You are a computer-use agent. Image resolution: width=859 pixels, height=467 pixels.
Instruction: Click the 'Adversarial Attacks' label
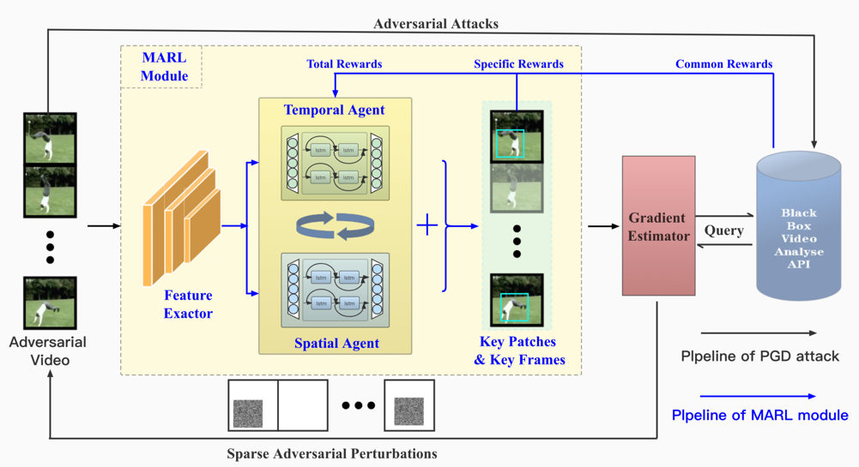(436, 24)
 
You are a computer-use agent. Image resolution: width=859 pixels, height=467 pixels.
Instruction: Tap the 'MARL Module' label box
(164, 67)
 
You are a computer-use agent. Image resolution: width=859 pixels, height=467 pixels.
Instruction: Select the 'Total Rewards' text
(344, 64)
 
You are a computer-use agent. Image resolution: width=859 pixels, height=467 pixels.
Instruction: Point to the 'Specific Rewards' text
(518, 64)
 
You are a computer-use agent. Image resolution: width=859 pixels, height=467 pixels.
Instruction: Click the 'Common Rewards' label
(723, 64)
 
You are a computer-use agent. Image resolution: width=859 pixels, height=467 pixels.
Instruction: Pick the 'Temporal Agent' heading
(335, 110)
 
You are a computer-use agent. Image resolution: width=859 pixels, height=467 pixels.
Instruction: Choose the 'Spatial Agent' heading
(336, 344)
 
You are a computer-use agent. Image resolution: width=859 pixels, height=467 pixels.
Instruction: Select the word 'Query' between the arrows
(723, 231)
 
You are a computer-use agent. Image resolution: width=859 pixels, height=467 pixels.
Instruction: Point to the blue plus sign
(426, 225)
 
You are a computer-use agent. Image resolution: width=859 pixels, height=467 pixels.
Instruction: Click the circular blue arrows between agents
(336, 226)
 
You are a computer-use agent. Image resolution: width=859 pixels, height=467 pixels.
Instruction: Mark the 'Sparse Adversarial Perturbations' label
(332, 453)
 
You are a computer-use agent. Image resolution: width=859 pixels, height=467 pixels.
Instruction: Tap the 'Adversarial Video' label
(48, 351)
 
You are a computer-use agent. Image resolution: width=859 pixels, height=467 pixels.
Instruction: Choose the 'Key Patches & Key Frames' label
(519, 351)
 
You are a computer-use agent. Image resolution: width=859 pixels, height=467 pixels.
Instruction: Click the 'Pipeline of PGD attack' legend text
(759, 356)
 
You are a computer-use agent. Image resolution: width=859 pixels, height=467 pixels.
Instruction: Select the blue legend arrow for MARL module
(758, 396)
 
